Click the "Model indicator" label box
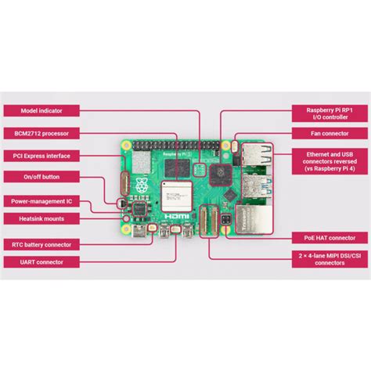click(x=40, y=112)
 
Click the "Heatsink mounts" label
click(x=40, y=219)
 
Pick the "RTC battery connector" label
click(x=40, y=244)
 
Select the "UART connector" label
click(x=40, y=261)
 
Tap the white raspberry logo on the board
click(x=142, y=187)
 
